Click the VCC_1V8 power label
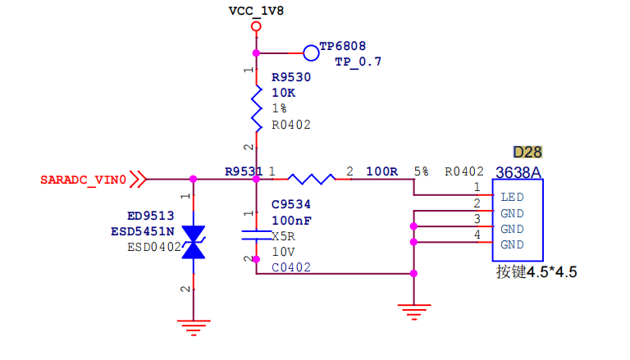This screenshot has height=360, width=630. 256,11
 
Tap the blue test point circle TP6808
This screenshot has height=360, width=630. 311,53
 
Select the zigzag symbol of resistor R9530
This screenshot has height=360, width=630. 256,108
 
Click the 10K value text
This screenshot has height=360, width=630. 283,93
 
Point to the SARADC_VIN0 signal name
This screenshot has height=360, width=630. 83,180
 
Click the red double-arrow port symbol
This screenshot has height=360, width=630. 138,180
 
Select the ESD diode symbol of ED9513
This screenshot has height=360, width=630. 194,242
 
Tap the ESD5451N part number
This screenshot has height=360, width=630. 143,232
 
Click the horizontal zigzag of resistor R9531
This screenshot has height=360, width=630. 312,180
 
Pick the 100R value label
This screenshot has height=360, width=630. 381,172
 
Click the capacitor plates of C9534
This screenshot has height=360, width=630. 256,235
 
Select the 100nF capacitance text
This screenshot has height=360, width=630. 291,221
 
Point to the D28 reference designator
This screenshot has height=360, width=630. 527,153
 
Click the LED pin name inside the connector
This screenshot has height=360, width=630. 512,198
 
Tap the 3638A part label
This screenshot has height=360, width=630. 518,173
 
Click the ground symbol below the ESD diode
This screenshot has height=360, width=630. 194,327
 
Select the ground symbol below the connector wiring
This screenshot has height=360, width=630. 413,312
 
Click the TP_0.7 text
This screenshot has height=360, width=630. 358,62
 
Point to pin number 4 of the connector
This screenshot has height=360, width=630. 477,235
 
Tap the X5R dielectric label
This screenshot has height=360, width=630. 284,236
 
